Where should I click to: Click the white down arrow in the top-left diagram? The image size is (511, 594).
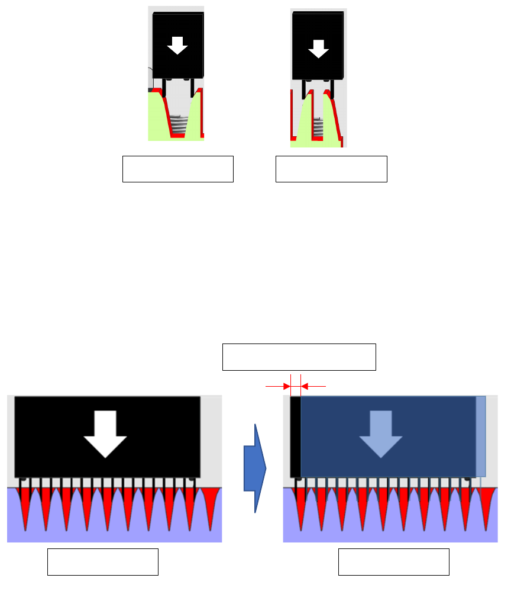[177, 45]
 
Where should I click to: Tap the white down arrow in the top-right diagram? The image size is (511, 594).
[318, 49]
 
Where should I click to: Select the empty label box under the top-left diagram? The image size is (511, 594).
[177, 169]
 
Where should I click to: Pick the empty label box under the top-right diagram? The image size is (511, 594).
[331, 169]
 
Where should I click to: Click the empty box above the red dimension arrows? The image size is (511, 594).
[299, 357]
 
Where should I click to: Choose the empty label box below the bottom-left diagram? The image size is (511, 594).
[102, 561]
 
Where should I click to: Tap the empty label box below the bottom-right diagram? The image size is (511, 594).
[393, 561]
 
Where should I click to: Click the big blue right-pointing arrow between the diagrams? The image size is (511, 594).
[255, 468]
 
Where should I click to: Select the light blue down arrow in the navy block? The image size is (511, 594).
[381, 434]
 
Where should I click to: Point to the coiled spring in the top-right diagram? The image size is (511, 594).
[318, 127]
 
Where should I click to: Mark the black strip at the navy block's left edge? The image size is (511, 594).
[295, 436]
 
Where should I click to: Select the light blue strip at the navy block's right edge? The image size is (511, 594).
[481, 436]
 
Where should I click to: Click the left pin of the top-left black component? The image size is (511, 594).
[164, 88]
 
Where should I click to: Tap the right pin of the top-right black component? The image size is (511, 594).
[331, 89]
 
